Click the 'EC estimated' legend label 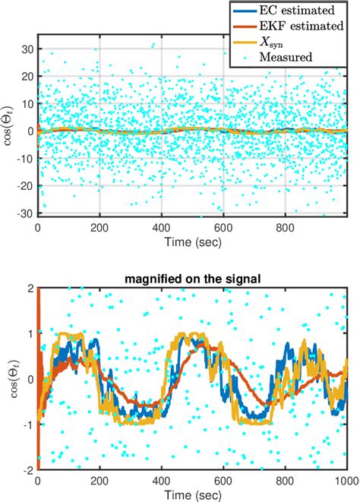pos(297,10)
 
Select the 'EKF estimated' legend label pos(302,26)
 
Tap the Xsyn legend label pos(271,42)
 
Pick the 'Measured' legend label pos(286,57)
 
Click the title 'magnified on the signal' pos(192,279)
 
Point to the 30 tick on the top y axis pos(27,49)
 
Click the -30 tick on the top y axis pos(25,213)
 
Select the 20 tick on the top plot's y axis pos(27,77)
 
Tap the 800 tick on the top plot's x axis pos(285,228)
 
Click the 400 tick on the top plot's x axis pos(161,228)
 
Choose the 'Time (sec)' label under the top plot pos(193,242)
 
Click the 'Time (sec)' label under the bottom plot pos(193,495)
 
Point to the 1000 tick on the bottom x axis pos(349,481)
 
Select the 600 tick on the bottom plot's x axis pos(223,481)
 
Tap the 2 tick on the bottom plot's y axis pos(30,289)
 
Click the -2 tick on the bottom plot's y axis pos(28,470)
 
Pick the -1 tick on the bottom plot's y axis pos(28,425)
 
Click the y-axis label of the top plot pos(8,125)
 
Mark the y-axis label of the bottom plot pos(14,379)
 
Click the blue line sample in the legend pos(245,11)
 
